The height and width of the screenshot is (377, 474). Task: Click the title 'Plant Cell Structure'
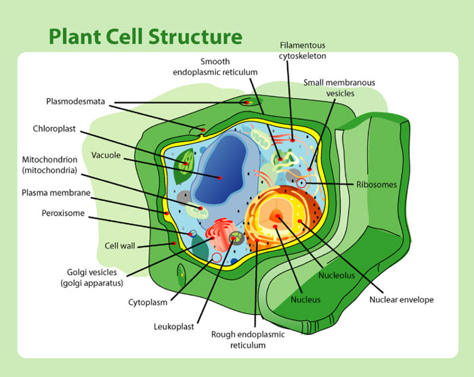pos(144,36)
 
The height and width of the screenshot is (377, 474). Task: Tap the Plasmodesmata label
pos(75,102)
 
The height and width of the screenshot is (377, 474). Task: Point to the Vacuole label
pos(106,155)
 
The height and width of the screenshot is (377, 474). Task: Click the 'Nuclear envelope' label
pos(402,299)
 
